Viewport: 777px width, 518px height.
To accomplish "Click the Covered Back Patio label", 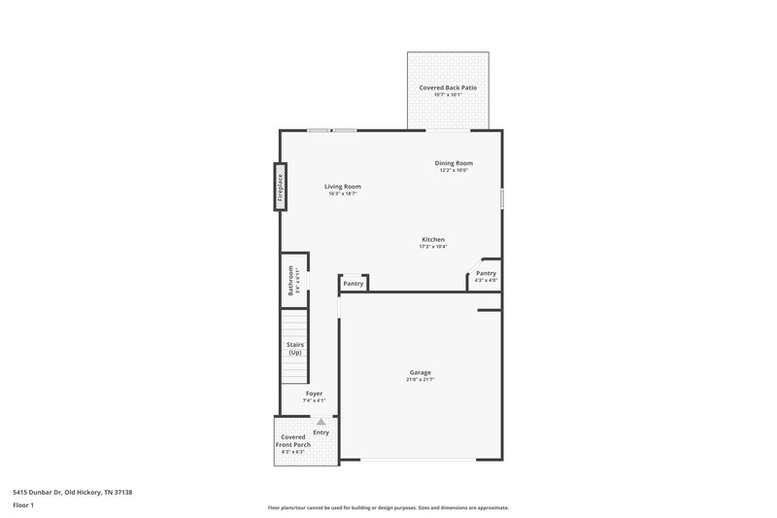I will click(447, 87).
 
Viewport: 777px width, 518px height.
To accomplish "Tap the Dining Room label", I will click(454, 162).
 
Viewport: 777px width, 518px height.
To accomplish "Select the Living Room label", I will click(343, 187).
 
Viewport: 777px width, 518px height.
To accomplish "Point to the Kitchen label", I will click(433, 239).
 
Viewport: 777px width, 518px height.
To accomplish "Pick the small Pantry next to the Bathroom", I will click(354, 284).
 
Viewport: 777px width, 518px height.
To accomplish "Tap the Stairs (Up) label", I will click(294, 348).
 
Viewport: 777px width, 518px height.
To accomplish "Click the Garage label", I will click(420, 372).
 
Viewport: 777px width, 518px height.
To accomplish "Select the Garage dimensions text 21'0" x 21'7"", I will click(420, 379).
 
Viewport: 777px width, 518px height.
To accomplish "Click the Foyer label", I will click(313, 394).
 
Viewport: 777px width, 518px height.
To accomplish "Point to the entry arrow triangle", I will click(321, 422).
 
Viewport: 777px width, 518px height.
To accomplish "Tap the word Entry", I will click(321, 432).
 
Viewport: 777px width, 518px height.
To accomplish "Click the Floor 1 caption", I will click(24, 505).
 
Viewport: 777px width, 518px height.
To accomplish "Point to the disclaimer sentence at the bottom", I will click(388, 507).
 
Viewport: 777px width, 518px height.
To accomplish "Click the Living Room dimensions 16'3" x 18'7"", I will click(343, 193).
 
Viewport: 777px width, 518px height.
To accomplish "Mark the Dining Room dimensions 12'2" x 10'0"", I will click(454, 170).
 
